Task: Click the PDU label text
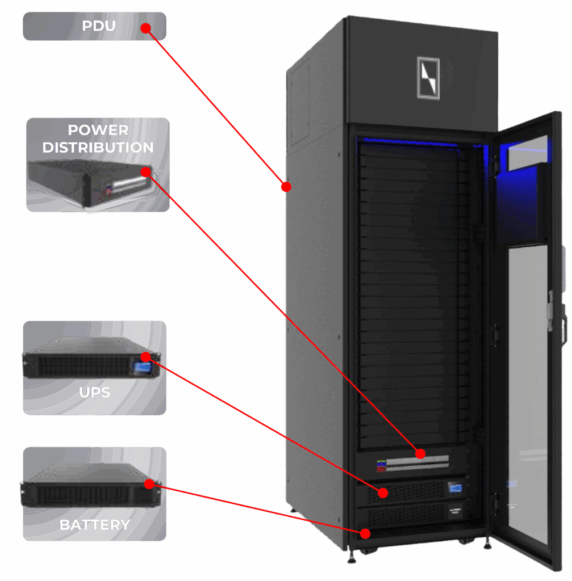(x=99, y=26)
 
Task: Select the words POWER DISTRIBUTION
(x=98, y=139)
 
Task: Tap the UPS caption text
(x=94, y=393)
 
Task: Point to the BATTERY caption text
(x=95, y=525)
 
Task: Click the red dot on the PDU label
(x=145, y=27)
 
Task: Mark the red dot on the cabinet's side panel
(x=286, y=186)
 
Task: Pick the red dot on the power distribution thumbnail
(x=145, y=171)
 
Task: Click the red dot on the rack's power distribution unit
(x=420, y=453)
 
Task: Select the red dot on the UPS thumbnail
(x=145, y=357)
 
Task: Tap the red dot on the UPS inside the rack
(x=385, y=492)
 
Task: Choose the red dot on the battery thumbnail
(x=149, y=484)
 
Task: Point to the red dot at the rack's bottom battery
(x=365, y=533)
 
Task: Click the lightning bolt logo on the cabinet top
(x=428, y=78)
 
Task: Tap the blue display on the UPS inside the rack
(x=454, y=488)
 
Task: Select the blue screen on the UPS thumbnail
(x=141, y=368)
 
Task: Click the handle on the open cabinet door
(x=550, y=309)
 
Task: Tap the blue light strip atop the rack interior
(x=409, y=141)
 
